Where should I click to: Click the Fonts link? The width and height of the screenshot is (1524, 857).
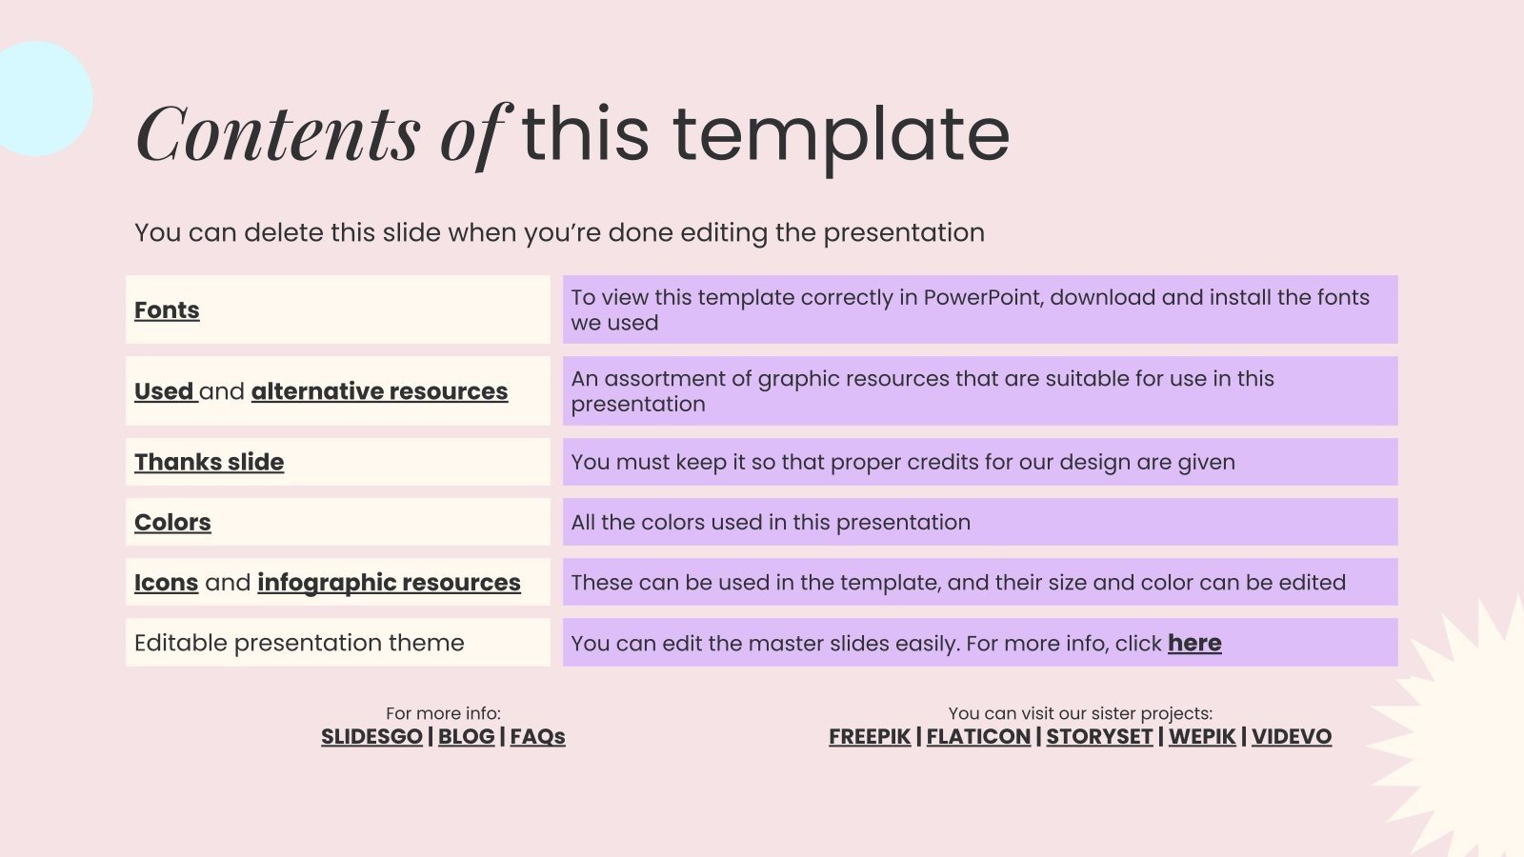tap(167, 310)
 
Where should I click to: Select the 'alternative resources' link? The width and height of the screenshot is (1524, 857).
tap(380, 391)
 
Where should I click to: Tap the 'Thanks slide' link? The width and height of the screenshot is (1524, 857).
tap(209, 462)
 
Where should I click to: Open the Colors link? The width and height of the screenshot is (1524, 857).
tap(172, 523)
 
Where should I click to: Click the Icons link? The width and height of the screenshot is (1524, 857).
tap(166, 582)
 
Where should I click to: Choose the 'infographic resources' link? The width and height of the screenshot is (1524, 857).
tap(390, 583)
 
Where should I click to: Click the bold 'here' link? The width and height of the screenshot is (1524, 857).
tap(1194, 643)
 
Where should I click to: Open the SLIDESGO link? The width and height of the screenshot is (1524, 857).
tap(371, 737)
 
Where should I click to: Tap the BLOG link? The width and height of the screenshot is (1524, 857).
tap(466, 737)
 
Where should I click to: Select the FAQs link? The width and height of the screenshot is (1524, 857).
tap(537, 737)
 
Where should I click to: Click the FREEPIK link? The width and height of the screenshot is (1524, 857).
tap(870, 737)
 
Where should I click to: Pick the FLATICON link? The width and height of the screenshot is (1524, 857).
tap(978, 737)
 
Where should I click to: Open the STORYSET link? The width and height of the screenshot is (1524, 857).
tap(1099, 737)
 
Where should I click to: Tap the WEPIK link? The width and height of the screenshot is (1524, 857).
tap(1202, 737)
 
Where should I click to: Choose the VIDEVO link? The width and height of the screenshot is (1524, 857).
tap(1292, 737)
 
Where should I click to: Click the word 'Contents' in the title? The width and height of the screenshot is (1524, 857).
tap(278, 133)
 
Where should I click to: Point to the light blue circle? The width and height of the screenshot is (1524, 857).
tap(41, 99)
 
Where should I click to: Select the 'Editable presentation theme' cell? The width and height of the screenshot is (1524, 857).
tap(338, 643)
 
